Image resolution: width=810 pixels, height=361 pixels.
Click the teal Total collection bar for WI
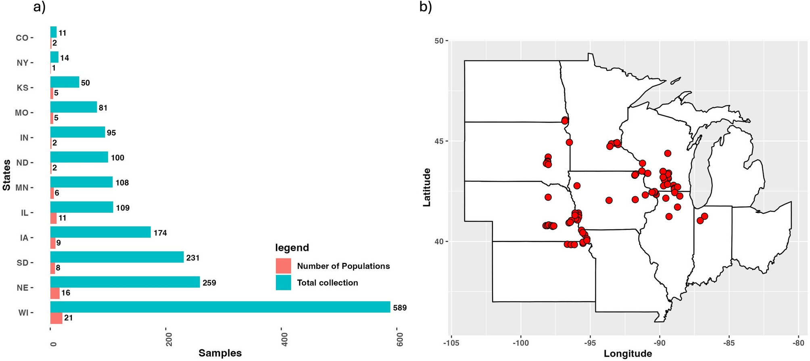[220, 307]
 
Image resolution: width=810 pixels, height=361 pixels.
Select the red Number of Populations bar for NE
[55, 293]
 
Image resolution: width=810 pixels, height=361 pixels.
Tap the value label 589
[400, 308]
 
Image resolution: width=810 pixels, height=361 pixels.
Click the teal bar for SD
[117, 257]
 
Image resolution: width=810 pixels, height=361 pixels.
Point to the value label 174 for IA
[160, 233]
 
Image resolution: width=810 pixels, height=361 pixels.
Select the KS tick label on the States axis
[22, 88]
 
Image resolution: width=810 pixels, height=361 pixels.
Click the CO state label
[22, 38]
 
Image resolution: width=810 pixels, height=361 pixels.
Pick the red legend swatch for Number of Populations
[283, 266]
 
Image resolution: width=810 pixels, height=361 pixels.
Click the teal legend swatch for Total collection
[283, 283]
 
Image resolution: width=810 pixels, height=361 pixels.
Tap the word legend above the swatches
[292, 248]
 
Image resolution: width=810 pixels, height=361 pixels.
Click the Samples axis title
[220, 353]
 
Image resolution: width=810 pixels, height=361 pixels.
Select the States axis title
[6, 175]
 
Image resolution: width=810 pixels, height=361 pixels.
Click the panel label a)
[39, 7]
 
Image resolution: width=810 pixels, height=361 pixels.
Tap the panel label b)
[426, 7]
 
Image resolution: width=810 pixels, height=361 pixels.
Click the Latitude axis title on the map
[427, 187]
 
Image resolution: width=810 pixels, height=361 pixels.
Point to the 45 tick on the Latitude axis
[438, 141]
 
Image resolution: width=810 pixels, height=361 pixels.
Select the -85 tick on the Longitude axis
[729, 343]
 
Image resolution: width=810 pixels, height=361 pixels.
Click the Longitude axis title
[628, 354]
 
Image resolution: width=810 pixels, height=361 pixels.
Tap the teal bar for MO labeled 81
[73, 107]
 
